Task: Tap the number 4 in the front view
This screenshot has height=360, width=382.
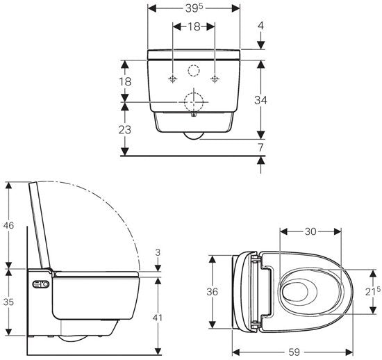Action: click(x=260, y=26)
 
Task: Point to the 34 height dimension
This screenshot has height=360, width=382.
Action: click(x=260, y=100)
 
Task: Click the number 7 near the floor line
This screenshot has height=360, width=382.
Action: click(x=260, y=148)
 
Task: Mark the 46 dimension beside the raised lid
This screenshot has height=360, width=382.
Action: click(x=8, y=225)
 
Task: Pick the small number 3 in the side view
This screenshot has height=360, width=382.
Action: click(x=158, y=252)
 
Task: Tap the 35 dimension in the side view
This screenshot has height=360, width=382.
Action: click(x=8, y=302)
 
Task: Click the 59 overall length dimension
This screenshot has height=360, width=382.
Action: click(x=294, y=352)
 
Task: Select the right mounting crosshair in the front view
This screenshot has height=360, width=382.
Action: click(x=217, y=78)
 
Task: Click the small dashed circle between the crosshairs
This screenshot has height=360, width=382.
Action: click(x=194, y=70)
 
